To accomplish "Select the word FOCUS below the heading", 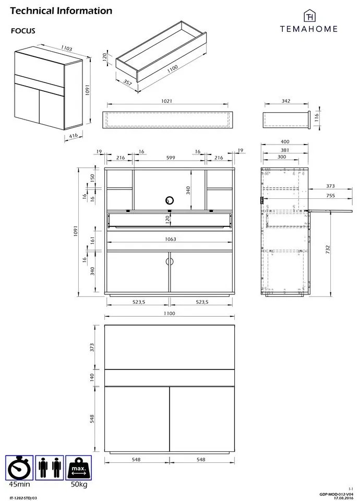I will [23, 31].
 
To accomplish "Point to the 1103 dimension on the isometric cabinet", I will [66, 48].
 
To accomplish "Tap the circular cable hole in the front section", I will [169, 200].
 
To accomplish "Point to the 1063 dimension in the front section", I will [170, 240].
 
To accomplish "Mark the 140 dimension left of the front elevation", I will [92, 376].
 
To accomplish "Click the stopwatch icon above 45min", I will [19, 468].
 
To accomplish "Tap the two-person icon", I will [50, 468].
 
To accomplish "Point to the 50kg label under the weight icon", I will [79, 485].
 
